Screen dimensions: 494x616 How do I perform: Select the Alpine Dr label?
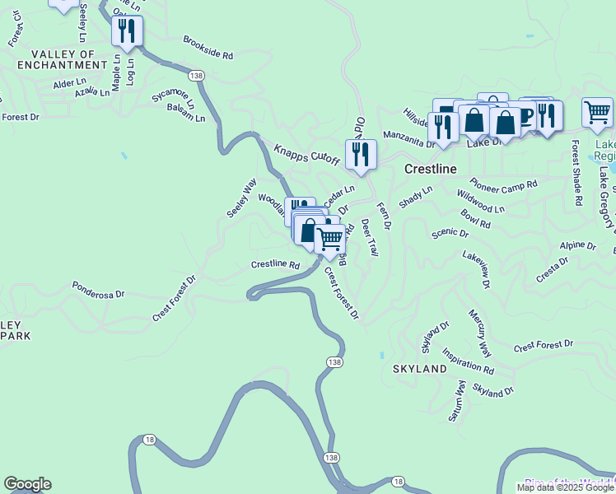pyautogui.click(x=577, y=245)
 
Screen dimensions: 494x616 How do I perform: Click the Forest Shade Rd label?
pyautogui.click(x=577, y=178)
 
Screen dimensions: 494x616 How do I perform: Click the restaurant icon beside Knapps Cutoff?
pyautogui.click(x=361, y=155)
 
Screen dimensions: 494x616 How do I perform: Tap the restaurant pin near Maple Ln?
pyautogui.click(x=127, y=31)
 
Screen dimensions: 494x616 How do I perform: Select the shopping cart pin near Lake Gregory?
pyautogui.click(x=597, y=110)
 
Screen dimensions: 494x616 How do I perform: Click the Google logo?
pyautogui.click(x=27, y=484)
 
